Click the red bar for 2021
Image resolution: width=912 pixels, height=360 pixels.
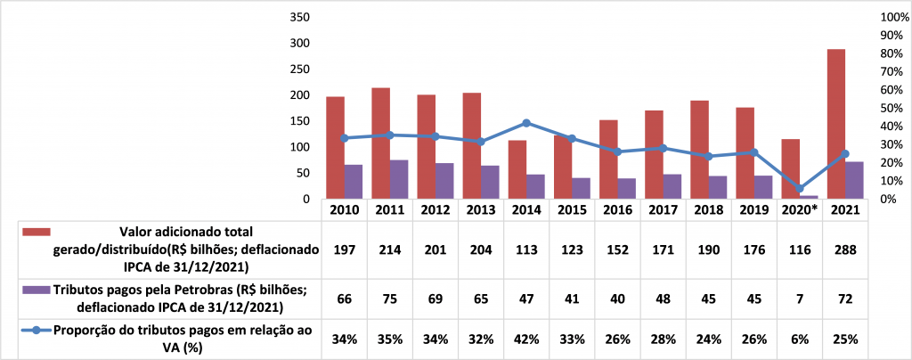pyautogui.click(x=835, y=124)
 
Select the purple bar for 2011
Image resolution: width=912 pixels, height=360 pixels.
pyautogui.click(x=398, y=179)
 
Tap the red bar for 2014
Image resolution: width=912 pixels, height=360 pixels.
pyautogui.click(x=517, y=169)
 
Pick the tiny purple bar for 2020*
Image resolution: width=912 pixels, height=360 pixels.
pyautogui.click(x=809, y=197)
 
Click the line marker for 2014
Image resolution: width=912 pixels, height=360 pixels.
pyautogui.click(x=526, y=123)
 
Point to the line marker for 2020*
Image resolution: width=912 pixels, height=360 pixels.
pyautogui.click(x=800, y=188)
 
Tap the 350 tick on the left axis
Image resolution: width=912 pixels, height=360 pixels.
pyautogui.click(x=299, y=18)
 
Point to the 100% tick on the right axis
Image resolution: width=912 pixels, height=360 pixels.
pyautogui.click(x=893, y=18)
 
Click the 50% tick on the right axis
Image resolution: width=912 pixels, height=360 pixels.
pyautogui.click(x=891, y=109)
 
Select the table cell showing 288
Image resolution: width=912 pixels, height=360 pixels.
pyautogui.click(x=845, y=250)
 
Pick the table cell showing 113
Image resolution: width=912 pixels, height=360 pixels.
pyautogui.click(x=526, y=250)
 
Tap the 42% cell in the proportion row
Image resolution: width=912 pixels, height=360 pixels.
pyautogui.click(x=526, y=339)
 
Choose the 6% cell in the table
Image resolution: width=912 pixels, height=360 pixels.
pyautogui.click(x=800, y=339)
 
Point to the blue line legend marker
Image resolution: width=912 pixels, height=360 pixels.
pyautogui.click(x=34, y=331)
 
